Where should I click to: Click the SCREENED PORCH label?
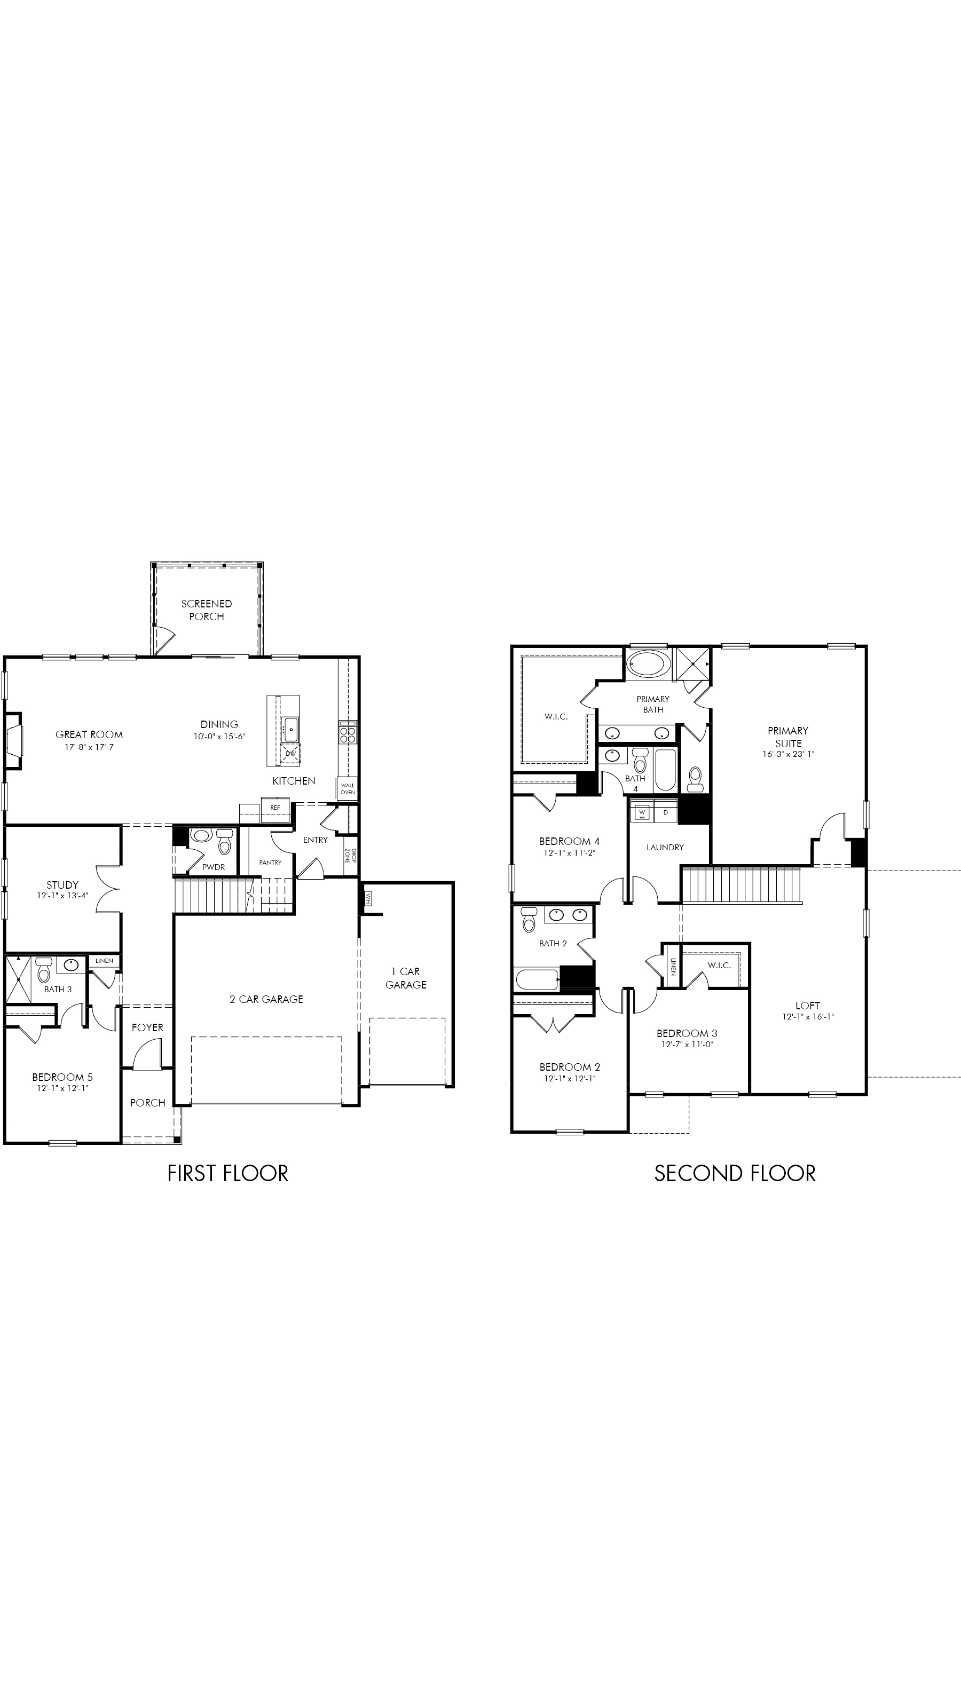[206, 610]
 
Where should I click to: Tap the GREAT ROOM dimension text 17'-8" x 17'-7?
[89, 747]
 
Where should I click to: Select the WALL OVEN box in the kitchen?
[348, 789]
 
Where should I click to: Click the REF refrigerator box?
[275, 808]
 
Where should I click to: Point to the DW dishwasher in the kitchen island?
[290, 754]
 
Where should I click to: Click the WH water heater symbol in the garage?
[367, 899]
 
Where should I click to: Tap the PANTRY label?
[271, 863]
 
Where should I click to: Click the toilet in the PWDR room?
[224, 843]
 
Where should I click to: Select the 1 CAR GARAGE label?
[406, 978]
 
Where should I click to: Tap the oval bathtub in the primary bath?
[649, 663]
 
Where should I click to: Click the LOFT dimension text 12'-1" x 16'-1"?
[808, 1016]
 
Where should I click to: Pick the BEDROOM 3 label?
[687, 1034]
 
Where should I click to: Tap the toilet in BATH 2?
[529, 920]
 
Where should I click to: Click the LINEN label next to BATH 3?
[104, 961]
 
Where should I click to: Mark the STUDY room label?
[62, 885]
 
